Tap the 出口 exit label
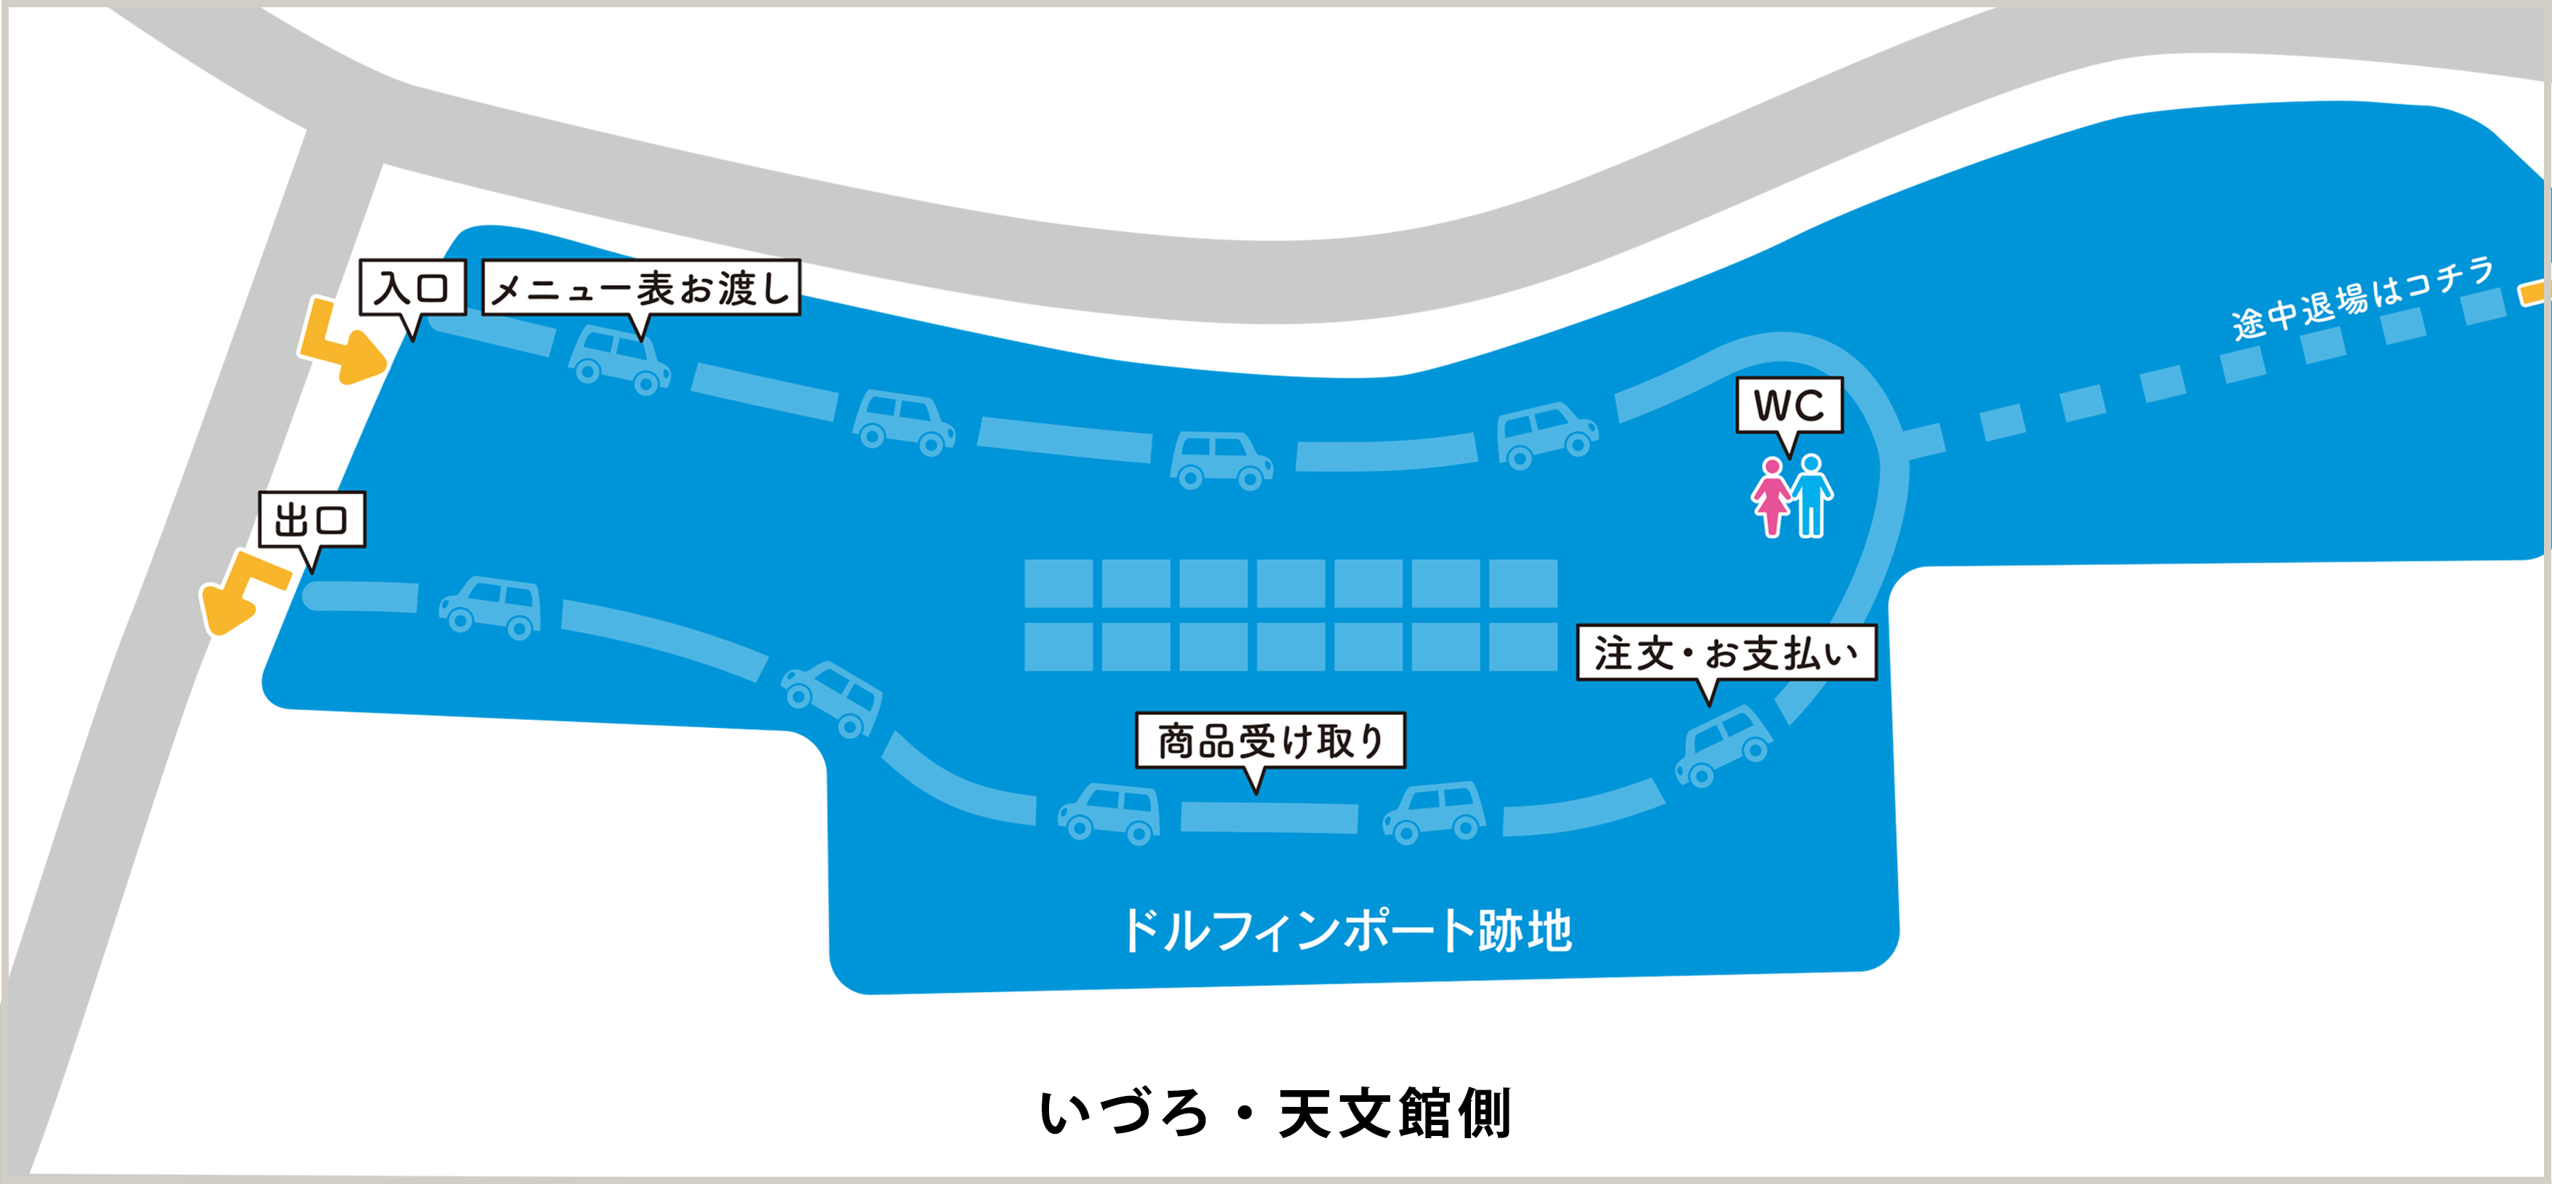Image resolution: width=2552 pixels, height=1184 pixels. click(x=312, y=519)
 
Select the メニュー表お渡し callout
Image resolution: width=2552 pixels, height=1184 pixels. click(x=641, y=288)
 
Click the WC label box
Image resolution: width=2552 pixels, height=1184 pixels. click(x=1789, y=405)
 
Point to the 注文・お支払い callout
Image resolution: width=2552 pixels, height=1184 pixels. click(x=1726, y=653)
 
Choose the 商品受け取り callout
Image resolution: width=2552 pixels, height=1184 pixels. click(x=1270, y=740)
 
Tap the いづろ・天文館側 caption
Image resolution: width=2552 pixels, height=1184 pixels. click(x=1275, y=1113)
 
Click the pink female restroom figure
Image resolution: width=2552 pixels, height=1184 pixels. click(x=1771, y=497)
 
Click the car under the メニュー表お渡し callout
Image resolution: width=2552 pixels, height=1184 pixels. click(x=619, y=359)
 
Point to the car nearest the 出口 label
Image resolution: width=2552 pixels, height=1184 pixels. click(x=491, y=605)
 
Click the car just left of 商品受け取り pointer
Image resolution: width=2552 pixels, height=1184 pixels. click(x=1109, y=812)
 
